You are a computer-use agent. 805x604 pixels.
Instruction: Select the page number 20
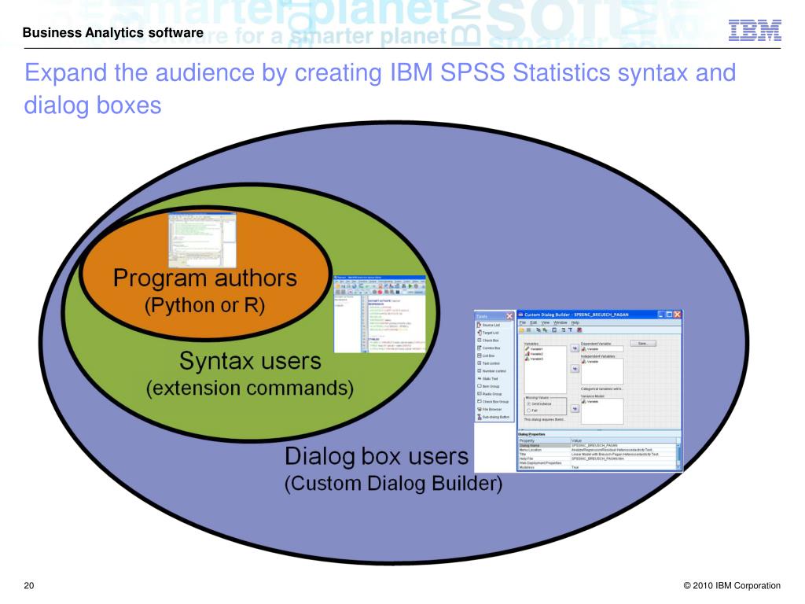click(29, 585)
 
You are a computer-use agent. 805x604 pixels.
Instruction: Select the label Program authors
click(205, 278)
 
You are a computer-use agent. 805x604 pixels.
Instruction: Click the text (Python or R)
click(205, 305)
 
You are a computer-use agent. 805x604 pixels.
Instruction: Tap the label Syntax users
click(250, 361)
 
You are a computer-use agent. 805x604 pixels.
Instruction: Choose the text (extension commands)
click(250, 388)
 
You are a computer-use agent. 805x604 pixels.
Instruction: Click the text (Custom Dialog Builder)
click(392, 484)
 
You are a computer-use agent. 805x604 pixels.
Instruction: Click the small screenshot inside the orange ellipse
click(203, 241)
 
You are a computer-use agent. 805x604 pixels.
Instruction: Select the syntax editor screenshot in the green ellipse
click(380, 314)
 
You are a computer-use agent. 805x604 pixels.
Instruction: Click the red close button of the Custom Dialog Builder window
click(677, 315)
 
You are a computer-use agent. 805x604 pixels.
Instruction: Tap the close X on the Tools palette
click(509, 315)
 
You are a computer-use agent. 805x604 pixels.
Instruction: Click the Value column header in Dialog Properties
click(577, 440)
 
